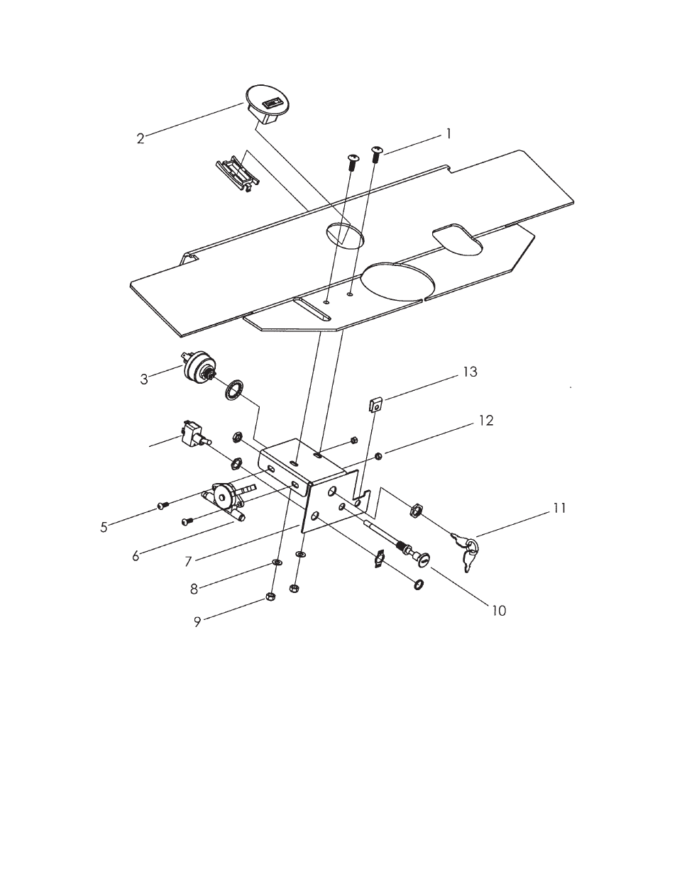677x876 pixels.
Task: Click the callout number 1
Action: (x=448, y=134)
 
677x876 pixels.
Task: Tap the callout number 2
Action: (x=141, y=139)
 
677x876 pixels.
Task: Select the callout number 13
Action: (x=470, y=372)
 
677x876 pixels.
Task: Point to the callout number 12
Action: (x=486, y=421)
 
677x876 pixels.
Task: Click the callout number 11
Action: (x=559, y=509)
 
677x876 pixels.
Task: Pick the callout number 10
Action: (x=499, y=611)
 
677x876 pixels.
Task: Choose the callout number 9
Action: (x=197, y=622)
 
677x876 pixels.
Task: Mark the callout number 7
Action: (x=188, y=562)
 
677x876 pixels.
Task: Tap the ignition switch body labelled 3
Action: (x=196, y=367)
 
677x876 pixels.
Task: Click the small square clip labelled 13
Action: (x=375, y=405)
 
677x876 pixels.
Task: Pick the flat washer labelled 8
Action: (x=277, y=562)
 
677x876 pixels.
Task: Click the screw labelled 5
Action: (x=161, y=505)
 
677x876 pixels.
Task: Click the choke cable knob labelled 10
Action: (x=424, y=559)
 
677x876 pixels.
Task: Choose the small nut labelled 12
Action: (x=378, y=456)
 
